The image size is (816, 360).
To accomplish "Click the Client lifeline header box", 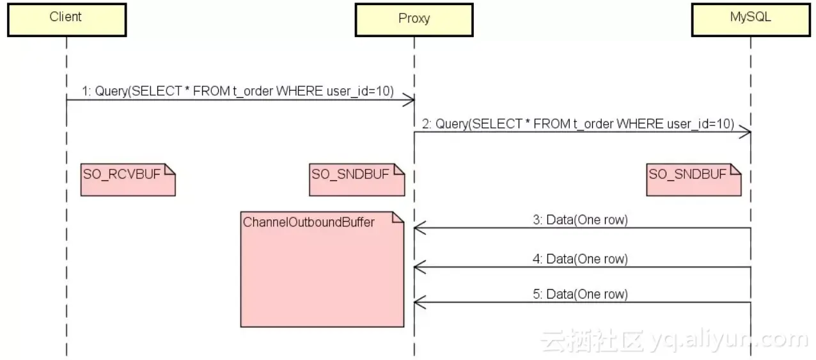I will click(x=67, y=19).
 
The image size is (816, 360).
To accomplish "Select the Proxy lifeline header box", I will click(x=414, y=19).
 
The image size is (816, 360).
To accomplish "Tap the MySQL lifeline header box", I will click(x=750, y=19).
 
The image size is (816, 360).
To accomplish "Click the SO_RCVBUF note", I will click(x=128, y=179).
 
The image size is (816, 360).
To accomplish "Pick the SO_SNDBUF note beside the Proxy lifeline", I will click(x=357, y=179).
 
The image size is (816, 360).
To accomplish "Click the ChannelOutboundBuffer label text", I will click(x=309, y=223).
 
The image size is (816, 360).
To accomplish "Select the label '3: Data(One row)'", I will click(x=581, y=220).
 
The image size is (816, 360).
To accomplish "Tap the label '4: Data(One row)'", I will click(x=581, y=259).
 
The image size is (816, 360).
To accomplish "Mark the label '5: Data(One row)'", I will click(x=581, y=294).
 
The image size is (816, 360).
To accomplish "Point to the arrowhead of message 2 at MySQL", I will click(x=746, y=132).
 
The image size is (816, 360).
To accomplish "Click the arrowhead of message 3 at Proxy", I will click(x=419, y=228).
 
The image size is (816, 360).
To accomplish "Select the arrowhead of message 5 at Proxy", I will click(x=419, y=302).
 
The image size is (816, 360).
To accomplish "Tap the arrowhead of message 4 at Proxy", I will click(x=419, y=267).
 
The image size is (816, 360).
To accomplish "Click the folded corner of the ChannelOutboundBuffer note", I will click(x=398, y=217).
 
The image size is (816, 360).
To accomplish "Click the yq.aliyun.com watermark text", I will click(x=729, y=340).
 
